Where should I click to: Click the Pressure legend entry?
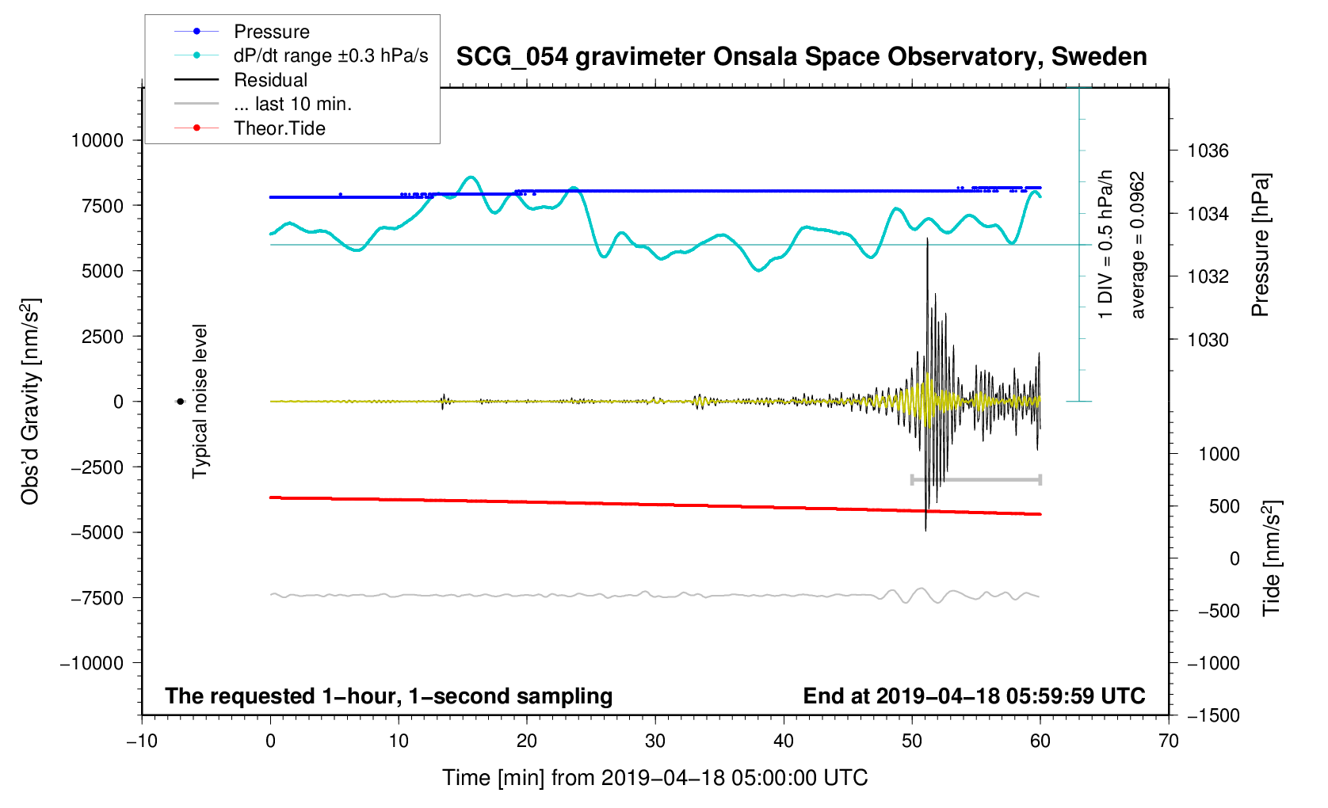click(271, 32)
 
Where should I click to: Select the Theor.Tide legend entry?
click(279, 128)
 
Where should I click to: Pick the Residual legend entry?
click(270, 80)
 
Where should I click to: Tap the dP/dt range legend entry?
click(330, 55)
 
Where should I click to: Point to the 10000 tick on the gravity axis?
click(97, 140)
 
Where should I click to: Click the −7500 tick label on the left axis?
click(97, 598)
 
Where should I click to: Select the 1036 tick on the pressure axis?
click(1208, 151)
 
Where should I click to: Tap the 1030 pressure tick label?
click(1208, 340)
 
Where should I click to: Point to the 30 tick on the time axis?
click(655, 741)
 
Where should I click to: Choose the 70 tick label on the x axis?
click(1169, 741)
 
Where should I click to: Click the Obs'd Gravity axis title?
click(31, 402)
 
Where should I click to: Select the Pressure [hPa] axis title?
click(1260, 246)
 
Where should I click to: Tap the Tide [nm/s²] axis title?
click(1272, 558)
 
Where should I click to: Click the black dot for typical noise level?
click(180, 402)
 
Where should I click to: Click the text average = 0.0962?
click(1138, 246)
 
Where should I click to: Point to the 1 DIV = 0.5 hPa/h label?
click(1105, 246)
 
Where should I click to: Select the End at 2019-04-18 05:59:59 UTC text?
click(974, 696)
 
